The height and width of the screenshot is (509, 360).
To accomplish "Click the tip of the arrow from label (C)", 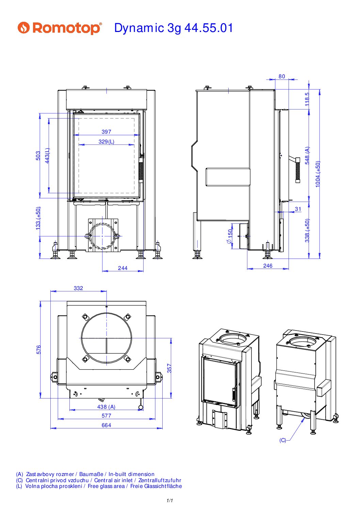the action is pos(304,418).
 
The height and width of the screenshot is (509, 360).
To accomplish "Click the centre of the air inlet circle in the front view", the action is pos(102,236).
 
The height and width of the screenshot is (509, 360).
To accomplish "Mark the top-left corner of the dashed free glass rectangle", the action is pos(79,118).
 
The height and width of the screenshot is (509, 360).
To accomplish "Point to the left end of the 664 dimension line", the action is pos(50,428).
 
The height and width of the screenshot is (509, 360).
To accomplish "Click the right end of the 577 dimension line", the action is pos(155,419).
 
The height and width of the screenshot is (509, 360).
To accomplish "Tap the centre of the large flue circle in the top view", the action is pos(106,338).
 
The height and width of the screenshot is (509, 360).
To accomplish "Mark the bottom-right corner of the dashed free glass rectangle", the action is pos(134,193).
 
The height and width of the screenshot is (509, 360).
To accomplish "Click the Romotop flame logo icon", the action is pos(24,28).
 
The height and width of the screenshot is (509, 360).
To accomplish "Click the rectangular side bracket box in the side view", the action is pos(228,177).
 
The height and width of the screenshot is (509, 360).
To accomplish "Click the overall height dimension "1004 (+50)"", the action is pos(318,174).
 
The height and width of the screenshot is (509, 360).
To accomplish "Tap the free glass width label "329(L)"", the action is pos(107,142).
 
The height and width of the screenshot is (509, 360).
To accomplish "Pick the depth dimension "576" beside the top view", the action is pos(39,350).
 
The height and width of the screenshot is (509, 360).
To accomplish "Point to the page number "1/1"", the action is pos(170,500).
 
